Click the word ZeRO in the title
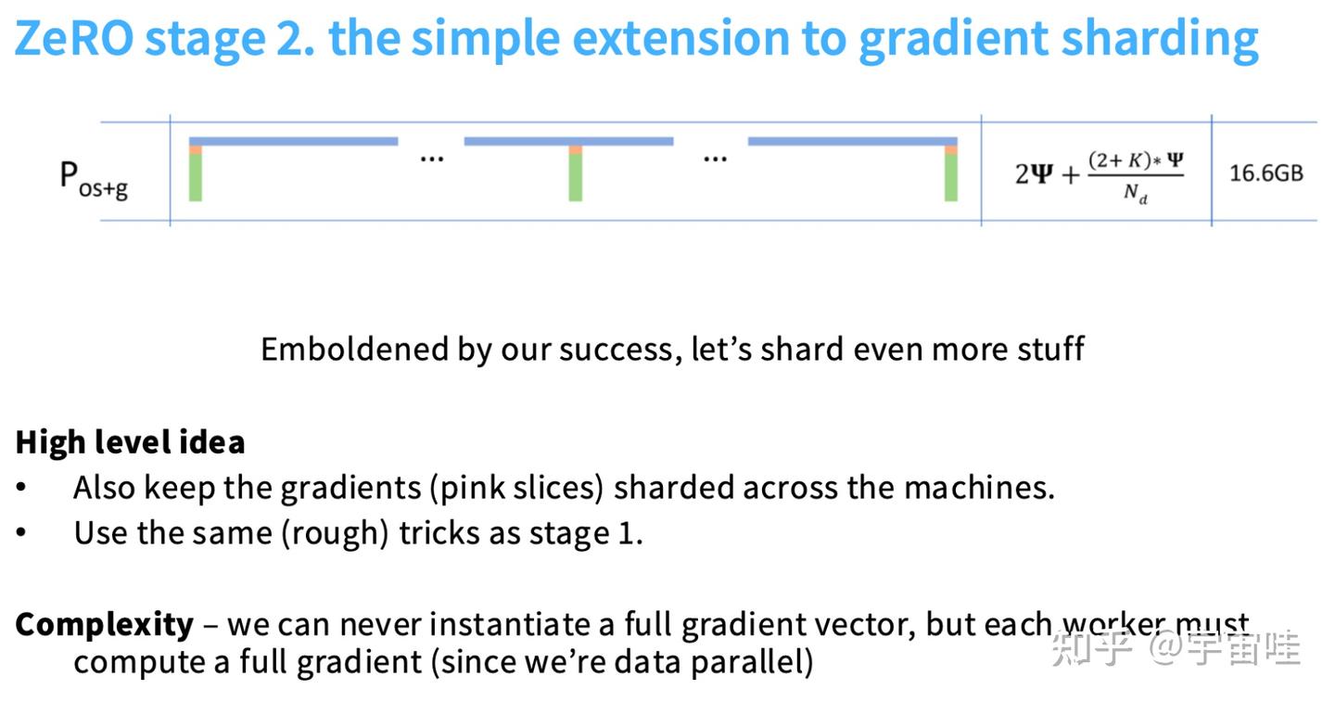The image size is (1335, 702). pos(74,38)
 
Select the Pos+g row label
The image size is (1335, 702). pos(94,179)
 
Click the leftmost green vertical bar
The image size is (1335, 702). pos(196,177)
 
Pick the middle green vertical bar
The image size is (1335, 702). pos(575,177)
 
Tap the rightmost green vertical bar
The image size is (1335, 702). pos(951,177)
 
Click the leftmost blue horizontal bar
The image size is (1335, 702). pos(293,141)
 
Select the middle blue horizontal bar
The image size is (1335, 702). pos(568,141)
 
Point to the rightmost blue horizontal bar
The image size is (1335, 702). pos(853,141)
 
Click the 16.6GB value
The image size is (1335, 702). pos(1265,173)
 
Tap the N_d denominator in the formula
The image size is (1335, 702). pos(1136,193)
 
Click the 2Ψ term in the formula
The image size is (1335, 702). pos(1034,174)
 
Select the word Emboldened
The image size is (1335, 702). pos(354,350)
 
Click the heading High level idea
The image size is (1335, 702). pos(130,442)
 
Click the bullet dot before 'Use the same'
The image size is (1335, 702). pos(21,531)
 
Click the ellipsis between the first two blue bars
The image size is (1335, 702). pos(431,160)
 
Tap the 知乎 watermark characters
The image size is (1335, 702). pos(1092,648)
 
